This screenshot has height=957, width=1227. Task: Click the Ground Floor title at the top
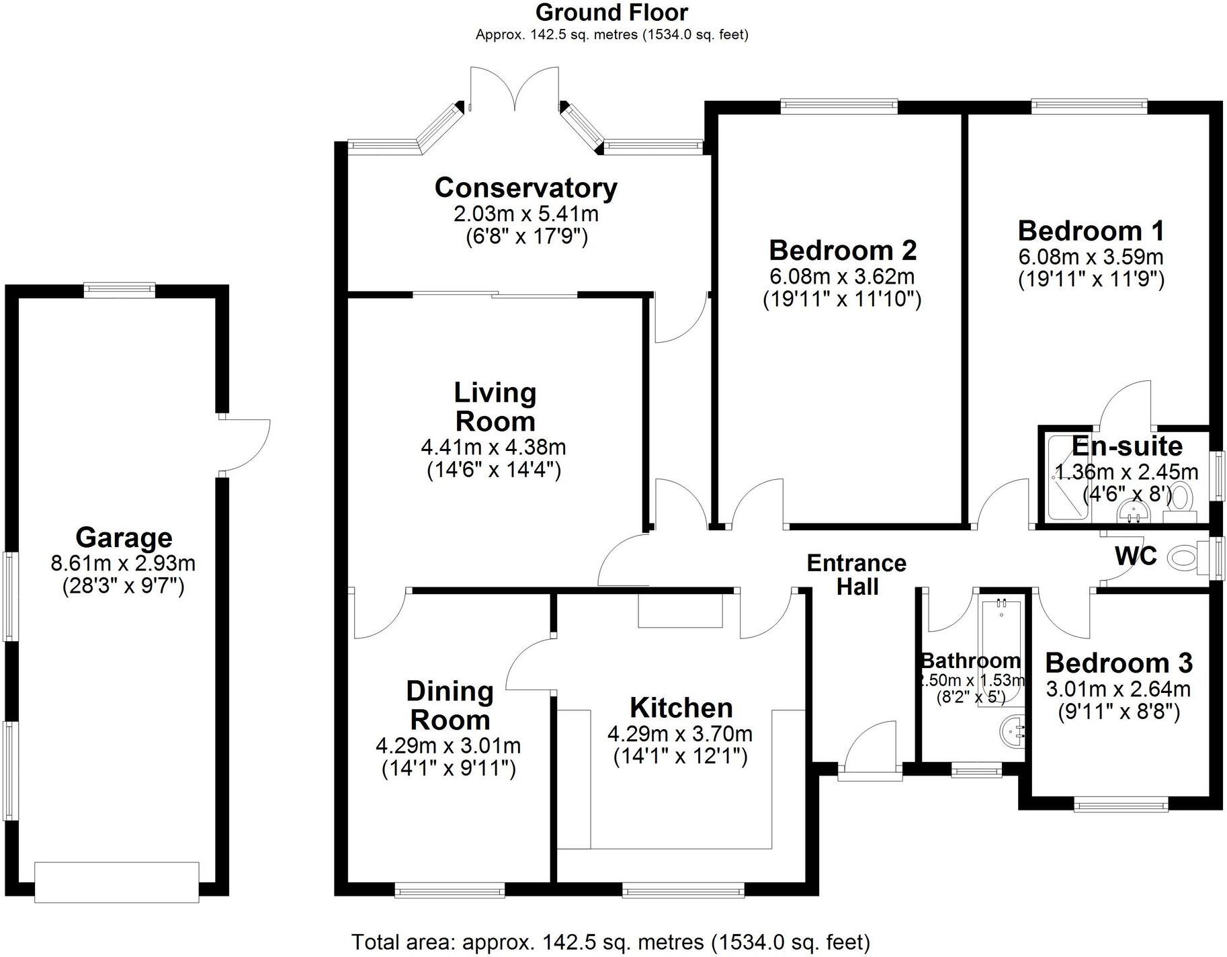(611, 13)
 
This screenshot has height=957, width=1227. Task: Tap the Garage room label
(124, 538)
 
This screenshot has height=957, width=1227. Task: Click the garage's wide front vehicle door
(117, 881)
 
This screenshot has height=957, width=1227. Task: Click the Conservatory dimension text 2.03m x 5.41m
(525, 214)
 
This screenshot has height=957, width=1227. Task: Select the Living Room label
(495, 407)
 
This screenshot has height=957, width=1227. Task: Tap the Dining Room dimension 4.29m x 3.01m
(448, 745)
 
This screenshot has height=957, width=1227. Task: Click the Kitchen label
(681, 708)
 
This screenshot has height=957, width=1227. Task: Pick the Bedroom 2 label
(842, 250)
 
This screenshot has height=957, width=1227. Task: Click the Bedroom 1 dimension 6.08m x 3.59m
(1091, 257)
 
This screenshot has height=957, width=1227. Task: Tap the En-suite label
(1127, 446)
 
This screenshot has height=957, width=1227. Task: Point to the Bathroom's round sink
(1013, 731)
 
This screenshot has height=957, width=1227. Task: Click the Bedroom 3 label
(1118, 663)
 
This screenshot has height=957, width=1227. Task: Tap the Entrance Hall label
(857, 575)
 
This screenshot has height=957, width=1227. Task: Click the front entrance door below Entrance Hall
(870, 753)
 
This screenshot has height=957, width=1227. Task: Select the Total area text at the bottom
(610, 942)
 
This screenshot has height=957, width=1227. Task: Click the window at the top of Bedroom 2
(839, 106)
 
